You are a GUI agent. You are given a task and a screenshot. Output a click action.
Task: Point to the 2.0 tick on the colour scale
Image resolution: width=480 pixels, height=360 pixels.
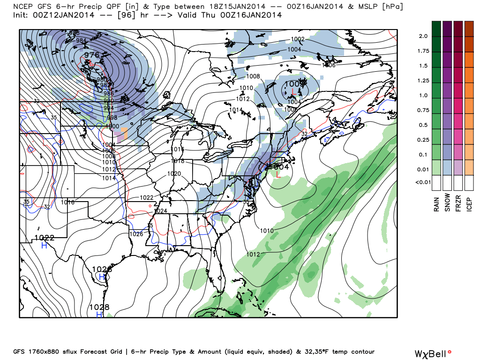(423, 36)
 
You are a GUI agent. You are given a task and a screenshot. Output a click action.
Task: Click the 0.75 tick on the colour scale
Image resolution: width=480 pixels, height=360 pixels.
(423, 110)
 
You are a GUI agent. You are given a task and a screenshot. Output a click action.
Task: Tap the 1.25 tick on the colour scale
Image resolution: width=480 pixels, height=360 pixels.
(423, 81)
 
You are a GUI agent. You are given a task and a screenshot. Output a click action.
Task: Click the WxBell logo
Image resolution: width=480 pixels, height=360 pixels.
(434, 353)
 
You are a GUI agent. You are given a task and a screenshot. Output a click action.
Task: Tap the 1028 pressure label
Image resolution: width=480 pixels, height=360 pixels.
(99, 307)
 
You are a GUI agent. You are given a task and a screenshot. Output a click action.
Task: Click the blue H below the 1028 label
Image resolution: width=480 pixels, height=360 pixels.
(99, 315)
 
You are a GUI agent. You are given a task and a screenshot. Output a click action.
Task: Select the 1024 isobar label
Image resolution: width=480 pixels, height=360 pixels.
(161, 211)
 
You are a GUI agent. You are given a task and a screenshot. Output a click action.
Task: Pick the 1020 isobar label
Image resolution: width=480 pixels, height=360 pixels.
(174, 173)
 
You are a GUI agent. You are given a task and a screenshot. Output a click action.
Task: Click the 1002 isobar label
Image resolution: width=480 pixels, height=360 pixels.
(298, 39)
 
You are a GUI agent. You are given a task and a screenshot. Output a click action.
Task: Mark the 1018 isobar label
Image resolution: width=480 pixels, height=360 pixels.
(178, 161)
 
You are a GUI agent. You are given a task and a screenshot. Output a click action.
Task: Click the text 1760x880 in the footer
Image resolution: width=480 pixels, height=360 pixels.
(44, 352)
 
